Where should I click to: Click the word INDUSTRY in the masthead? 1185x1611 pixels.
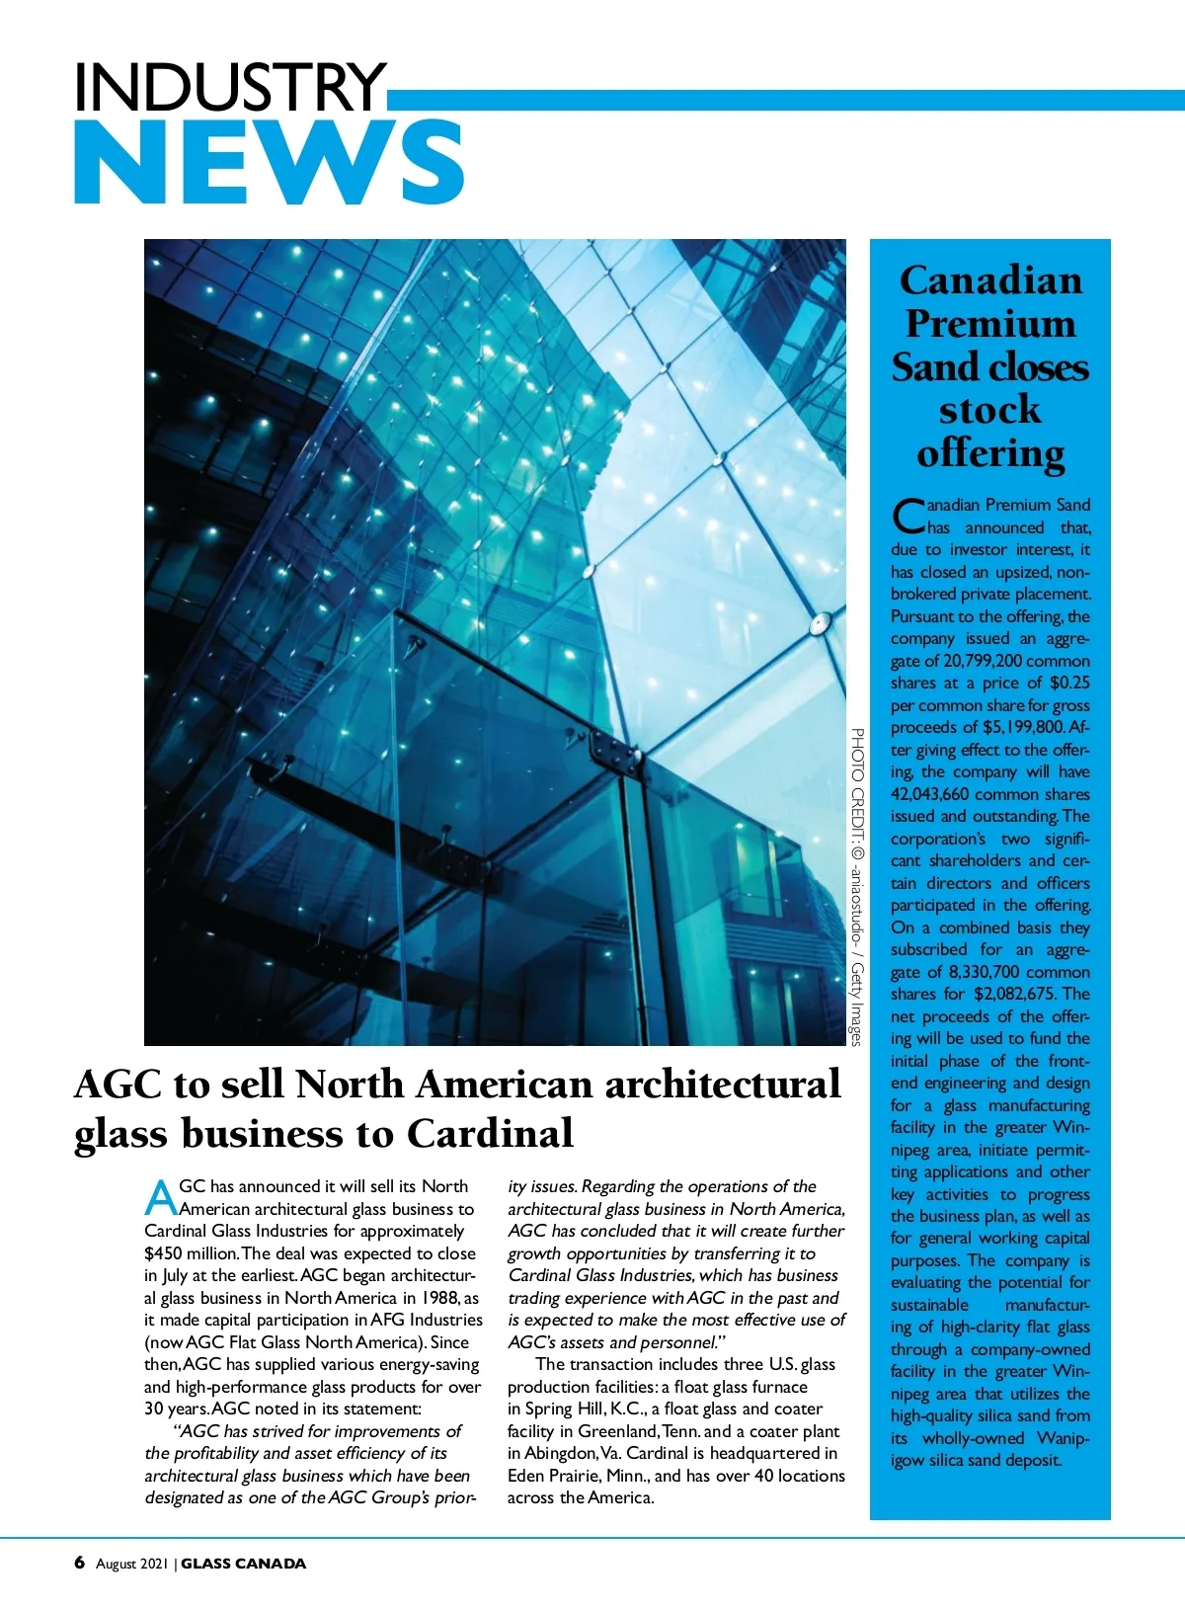tap(229, 87)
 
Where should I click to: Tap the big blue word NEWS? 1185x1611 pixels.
tap(269, 163)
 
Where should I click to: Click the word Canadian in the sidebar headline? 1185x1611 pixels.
tap(990, 281)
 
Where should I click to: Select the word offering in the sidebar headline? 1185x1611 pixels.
tap(990, 453)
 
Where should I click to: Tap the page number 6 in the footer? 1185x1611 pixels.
tap(80, 1563)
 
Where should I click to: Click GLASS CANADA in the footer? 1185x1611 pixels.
tap(244, 1564)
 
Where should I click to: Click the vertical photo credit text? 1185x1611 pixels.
tap(857, 886)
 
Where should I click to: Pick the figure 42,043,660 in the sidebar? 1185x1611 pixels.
tap(929, 794)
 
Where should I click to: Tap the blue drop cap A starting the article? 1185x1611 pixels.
tap(160, 1197)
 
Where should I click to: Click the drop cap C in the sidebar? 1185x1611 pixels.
tap(908, 516)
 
